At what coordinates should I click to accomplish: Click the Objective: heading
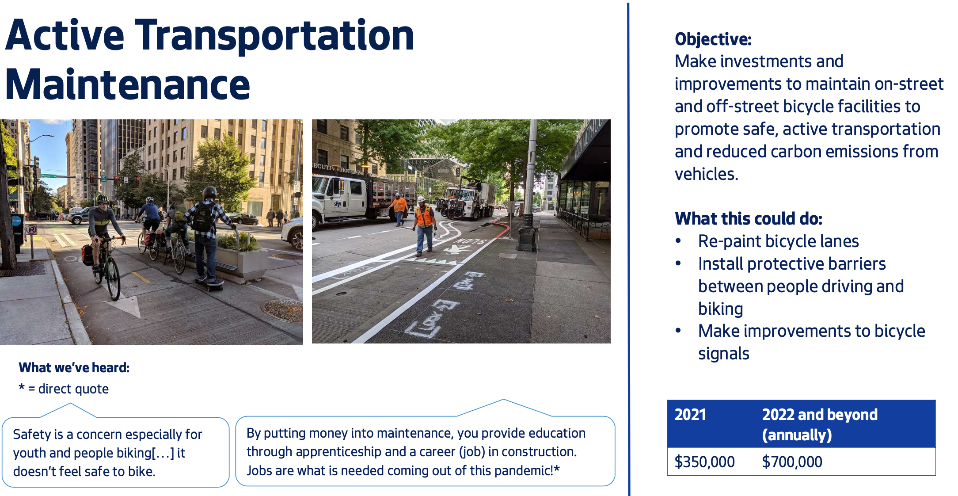[x=712, y=39]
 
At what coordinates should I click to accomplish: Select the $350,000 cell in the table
[x=704, y=462]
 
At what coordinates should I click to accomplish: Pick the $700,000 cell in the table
[x=792, y=462]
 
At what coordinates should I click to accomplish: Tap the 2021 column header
[x=690, y=415]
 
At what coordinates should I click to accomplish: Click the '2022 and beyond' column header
[x=819, y=415]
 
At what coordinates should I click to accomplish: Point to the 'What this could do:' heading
[x=748, y=219]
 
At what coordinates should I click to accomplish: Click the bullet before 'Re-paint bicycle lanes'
[x=678, y=241]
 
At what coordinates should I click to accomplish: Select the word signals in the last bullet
[x=723, y=354]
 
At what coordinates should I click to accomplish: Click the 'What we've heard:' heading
[x=74, y=368]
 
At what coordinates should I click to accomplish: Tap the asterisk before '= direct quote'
[x=22, y=388]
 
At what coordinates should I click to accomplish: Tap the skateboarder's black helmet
[x=209, y=192]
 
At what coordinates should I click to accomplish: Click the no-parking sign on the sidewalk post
[x=31, y=229]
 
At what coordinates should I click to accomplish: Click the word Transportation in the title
[x=274, y=35]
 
